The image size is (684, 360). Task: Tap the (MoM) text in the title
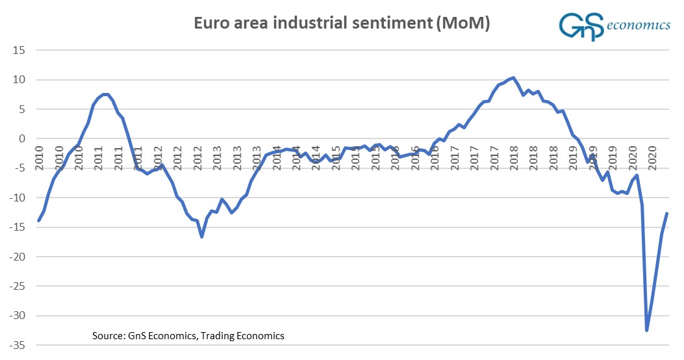click(462, 25)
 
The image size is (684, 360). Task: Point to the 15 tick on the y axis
click(19, 50)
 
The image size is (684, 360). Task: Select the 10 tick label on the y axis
click(19, 80)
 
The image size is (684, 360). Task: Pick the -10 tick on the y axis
click(18, 198)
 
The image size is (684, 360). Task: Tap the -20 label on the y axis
click(18, 257)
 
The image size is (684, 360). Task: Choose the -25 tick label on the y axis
click(18, 286)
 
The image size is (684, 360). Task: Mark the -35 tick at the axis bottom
click(18, 345)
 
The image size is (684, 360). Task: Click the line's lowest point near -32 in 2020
click(646, 330)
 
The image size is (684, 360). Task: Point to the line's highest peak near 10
click(513, 78)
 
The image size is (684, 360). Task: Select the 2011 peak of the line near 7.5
click(105, 95)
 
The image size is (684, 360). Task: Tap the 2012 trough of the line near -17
click(202, 237)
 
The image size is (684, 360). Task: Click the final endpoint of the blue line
click(666, 214)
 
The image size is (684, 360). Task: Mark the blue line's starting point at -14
click(39, 220)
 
